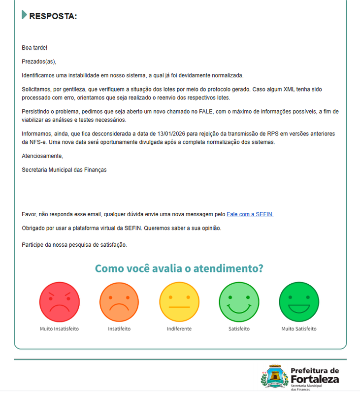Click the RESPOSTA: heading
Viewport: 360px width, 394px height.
pyautogui.click(x=53, y=16)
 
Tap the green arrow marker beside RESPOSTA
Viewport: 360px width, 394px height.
pyautogui.click(x=24, y=15)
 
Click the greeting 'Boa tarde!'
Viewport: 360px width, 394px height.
pyautogui.click(x=34, y=48)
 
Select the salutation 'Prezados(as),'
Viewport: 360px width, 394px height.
pyautogui.click(x=39, y=62)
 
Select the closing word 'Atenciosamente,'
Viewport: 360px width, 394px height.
pyautogui.click(x=42, y=156)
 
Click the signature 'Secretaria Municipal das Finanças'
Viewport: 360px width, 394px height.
pyautogui.click(x=64, y=169)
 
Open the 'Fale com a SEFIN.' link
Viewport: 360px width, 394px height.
pyautogui.click(x=250, y=214)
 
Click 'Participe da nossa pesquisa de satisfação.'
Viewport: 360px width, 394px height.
pyautogui.click(x=74, y=244)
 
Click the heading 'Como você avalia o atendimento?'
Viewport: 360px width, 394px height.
pyautogui.click(x=179, y=269)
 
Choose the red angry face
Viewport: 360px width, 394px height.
pyautogui.click(x=60, y=302)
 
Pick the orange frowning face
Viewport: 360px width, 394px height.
pyautogui.click(x=119, y=302)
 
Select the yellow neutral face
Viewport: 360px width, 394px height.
pyautogui.click(x=179, y=302)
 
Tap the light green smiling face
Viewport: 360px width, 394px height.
pyautogui.click(x=239, y=302)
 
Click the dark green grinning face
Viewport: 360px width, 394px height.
pyautogui.click(x=299, y=302)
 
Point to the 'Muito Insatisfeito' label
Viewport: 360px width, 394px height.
pyautogui.click(x=60, y=328)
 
